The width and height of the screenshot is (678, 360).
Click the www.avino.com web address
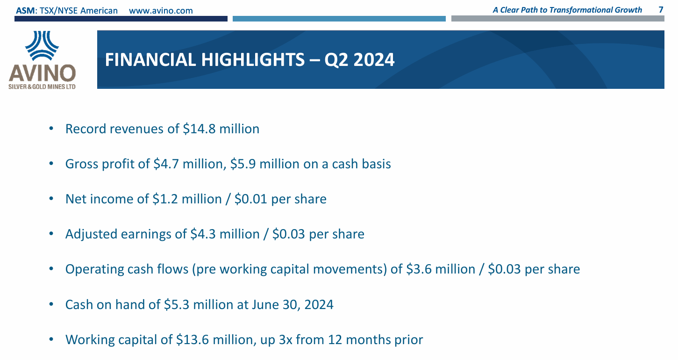(x=160, y=10)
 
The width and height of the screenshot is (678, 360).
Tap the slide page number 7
(x=660, y=10)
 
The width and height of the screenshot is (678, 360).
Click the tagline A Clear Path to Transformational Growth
(x=567, y=10)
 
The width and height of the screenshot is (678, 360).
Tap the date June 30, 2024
(x=292, y=305)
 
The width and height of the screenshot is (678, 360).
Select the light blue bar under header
(x=339, y=19)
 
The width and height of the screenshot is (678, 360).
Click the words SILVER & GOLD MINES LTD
(x=42, y=87)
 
